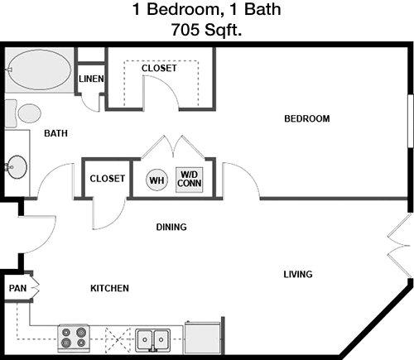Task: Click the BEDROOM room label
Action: pos(307,119)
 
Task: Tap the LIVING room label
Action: pos(298,274)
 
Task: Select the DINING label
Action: pos(171,227)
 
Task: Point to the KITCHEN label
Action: pos(109,288)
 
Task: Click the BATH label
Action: pos(55,133)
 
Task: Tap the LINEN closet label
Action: pos(91,79)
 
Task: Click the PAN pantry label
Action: pos(17,288)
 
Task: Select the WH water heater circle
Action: pos(156,180)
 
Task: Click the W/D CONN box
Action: pos(190,180)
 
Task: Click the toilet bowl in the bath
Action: pos(30,113)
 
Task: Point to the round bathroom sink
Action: pos(17,167)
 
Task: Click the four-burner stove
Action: pos(74,338)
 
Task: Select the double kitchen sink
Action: pos(152,340)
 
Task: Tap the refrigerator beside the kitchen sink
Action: pos(203,338)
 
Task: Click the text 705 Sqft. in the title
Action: pos(206,30)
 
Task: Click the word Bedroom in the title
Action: pos(183,9)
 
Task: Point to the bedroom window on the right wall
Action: pos(411,122)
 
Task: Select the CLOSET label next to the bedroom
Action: pos(159,68)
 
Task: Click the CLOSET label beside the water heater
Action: pos(108,179)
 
